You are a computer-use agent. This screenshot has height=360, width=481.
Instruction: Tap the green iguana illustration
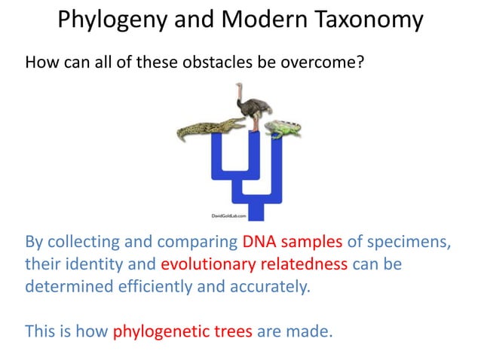[x=287, y=127]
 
